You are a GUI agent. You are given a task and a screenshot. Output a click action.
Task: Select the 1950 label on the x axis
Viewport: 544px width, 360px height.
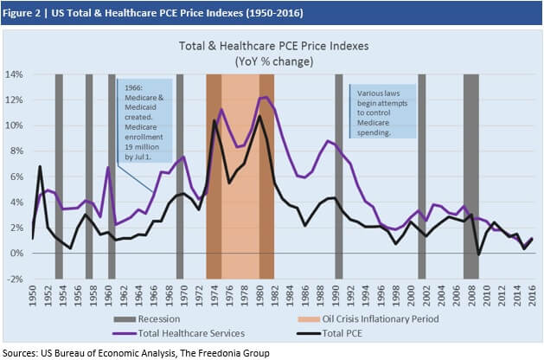[32, 296]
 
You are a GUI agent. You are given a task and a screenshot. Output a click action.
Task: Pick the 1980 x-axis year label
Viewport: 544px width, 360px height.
[259, 296]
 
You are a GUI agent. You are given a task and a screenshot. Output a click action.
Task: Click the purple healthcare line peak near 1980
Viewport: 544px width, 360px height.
[264, 97]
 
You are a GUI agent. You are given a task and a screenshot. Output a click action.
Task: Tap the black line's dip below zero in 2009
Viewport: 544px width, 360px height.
[479, 254]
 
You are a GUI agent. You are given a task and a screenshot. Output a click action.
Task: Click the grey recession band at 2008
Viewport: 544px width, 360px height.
[471, 173]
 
